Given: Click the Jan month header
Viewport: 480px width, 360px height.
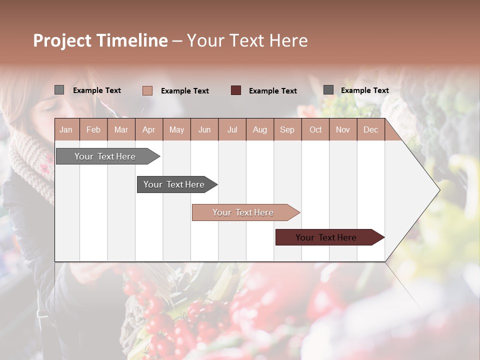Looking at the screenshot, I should (66, 130).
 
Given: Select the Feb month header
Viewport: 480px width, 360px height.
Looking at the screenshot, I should (93, 130).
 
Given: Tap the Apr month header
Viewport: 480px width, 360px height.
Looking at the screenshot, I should (148, 130).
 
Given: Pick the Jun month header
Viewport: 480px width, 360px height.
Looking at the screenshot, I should (204, 130).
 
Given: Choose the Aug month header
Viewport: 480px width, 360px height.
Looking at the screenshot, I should (259, 130).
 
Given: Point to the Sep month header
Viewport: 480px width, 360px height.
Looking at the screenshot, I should (287, 130).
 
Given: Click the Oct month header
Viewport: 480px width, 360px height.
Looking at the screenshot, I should (315, 130).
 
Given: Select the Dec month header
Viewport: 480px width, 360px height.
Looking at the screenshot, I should (370, 130).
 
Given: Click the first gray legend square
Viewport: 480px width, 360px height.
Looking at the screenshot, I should (59, 90).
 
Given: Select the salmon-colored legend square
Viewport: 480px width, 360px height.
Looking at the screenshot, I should (147, 90).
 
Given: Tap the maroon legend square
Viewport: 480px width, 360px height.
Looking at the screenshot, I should (236, 90).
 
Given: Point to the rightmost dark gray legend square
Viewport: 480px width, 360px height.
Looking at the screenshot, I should (328, 90).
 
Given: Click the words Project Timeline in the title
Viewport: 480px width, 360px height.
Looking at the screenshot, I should (100, 40).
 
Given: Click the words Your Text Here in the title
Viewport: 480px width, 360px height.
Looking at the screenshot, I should (247, 40).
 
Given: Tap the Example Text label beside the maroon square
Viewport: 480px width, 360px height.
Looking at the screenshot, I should (272, 91).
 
